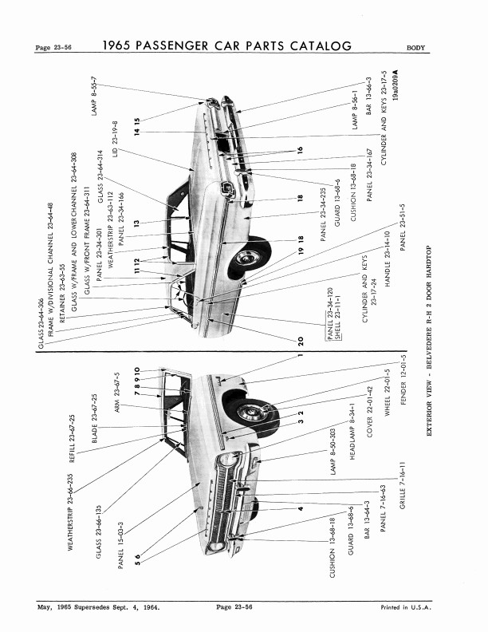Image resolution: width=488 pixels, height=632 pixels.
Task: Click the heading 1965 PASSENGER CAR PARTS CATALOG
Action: click(x=227, y=46)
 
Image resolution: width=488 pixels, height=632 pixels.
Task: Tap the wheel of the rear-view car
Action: click(x=249, y=258)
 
